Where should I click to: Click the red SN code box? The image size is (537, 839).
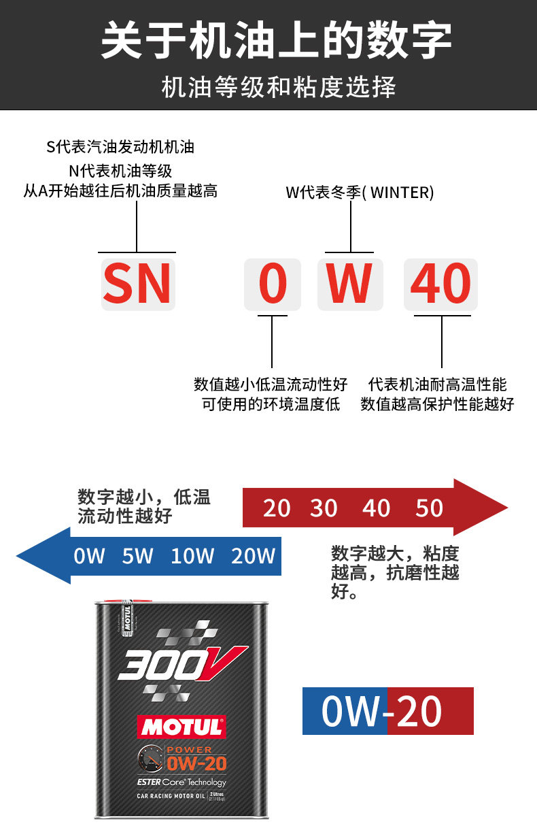click(x=137, y=284)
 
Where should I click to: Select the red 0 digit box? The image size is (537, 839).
click(x=273, y=284)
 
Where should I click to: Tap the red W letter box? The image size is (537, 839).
click(x=349, y=284)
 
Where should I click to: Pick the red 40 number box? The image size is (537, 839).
click(x=440, y=284)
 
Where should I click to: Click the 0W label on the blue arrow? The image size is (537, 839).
click(x=90, y=556)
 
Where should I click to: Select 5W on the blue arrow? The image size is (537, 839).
click(x=138, y=556)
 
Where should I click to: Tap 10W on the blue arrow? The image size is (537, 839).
click(x=192, y=556)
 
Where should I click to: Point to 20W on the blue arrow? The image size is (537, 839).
click(x=253, y=556)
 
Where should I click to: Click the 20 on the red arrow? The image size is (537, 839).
click(x=276, y=508)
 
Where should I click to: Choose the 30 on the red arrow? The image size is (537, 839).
click(x=324, y=508)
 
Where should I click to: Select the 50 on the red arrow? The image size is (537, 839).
click(x=429, y=508)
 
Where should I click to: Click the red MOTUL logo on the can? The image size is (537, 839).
click(x=181, y=727)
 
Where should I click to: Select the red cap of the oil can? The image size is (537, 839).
click(x=124, y=602)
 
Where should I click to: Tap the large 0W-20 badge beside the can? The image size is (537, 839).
click(x=387, y=711)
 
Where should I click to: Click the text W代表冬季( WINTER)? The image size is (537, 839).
click(x=360, y=193)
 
